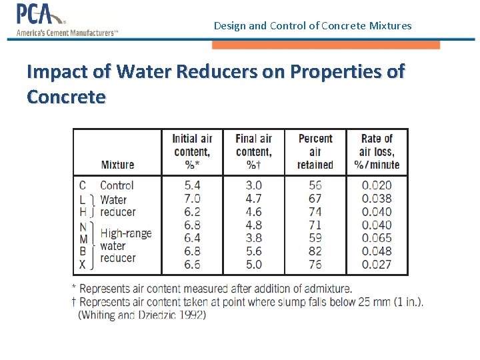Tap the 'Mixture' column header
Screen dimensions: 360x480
click(x=117, y=165)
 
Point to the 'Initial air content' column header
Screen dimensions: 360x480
click(x=192, y=151)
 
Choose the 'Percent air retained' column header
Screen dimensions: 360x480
click(x=315, y=151)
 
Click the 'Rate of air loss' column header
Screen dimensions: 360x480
click(x=377, y=151)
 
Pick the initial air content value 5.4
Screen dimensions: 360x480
click(x=192, y=185)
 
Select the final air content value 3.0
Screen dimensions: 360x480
click(x=253, y=185)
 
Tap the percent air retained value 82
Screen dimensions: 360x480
click(x=315, y=251)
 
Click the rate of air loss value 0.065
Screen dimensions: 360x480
click(x=377, y=238)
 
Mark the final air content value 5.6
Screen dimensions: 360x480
click(x=253, y=251)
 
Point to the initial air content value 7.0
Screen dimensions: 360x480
click(x=192, y=199)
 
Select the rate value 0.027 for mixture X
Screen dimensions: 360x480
click(x=377, y=264)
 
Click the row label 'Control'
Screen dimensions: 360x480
click(x=117, y=185)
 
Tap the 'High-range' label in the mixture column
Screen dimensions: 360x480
click(x=126, y=233)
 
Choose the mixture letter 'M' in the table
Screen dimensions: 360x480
click(x=83, y=238)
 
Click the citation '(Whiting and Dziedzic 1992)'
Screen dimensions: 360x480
click(x=142, y=315)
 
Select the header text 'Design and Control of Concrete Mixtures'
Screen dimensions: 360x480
click(x=313, y=26)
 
